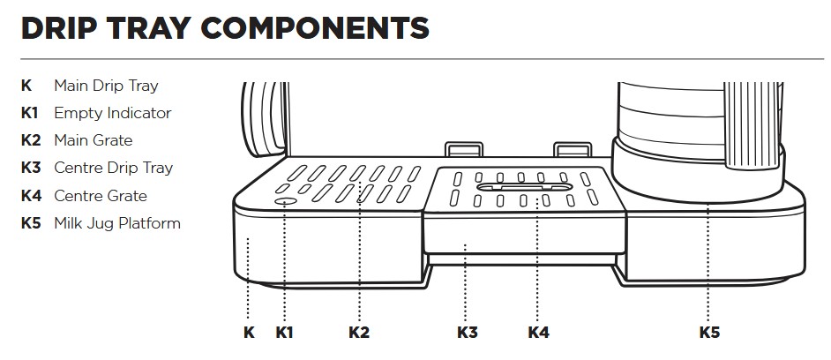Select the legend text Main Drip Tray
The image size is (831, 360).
(x=106, y=86)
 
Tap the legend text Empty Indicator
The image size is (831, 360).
(x=112, y=113)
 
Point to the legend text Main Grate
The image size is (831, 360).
(x=93, y=140)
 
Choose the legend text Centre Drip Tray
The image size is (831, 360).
(x=113, y=168)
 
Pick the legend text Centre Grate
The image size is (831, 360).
(x=100, y=196)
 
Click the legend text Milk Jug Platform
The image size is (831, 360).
(x=116, y=223)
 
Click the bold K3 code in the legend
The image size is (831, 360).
(x=31, y=168)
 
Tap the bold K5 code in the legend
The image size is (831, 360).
(x=31, y=223)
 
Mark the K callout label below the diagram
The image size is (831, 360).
(x=249, y=333)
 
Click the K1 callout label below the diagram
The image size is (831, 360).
(x=284, y=333)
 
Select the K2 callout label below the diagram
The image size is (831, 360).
(x=359, y=333)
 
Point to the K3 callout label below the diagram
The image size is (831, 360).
(x=468, y=333)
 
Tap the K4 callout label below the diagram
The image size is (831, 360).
(x=538, y=333)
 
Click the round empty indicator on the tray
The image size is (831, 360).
(x=285, y=202)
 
